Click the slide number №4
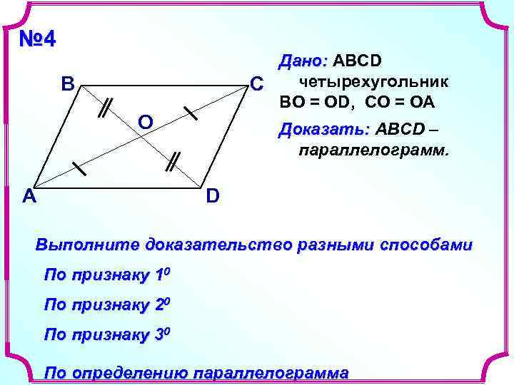[37, 39]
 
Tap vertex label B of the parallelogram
[68, 84]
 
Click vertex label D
[213, 195]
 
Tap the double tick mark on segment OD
[172, 162]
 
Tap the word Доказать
[325, 130]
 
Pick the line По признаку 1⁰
[107, 275]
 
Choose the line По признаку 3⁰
[107, 334]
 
